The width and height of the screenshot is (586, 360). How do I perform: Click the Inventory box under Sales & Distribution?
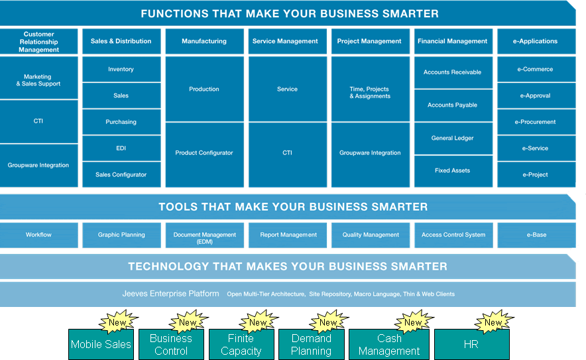tap(121, 69)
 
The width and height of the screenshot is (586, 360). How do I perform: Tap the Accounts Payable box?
tap(453, 105)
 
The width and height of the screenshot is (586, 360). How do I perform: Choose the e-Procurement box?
tap(536, 122)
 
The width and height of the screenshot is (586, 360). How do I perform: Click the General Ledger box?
tap(453, 138)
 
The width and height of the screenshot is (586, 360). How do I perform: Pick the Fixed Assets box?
tap(453, 171)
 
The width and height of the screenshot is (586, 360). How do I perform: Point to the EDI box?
tap(121, 148)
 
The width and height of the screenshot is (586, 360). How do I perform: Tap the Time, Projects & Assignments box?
tap(371, 89)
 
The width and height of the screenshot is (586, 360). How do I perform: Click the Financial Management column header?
tap(453, 41)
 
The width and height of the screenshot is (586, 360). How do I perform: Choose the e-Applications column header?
tap(536, 41)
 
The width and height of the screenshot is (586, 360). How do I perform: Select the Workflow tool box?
tap(39, 235)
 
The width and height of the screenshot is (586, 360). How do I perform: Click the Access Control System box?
tap(453, 235)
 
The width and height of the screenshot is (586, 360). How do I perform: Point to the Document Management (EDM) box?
tap(204, 235)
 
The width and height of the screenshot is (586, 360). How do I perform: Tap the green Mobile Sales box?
tap(101, 344)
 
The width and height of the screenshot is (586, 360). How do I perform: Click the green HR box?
tap(471, 344)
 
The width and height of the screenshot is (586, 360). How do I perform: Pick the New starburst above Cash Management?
tap(414, 322)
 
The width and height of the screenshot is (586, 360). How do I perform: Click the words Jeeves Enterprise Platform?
tap(171, 294)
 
